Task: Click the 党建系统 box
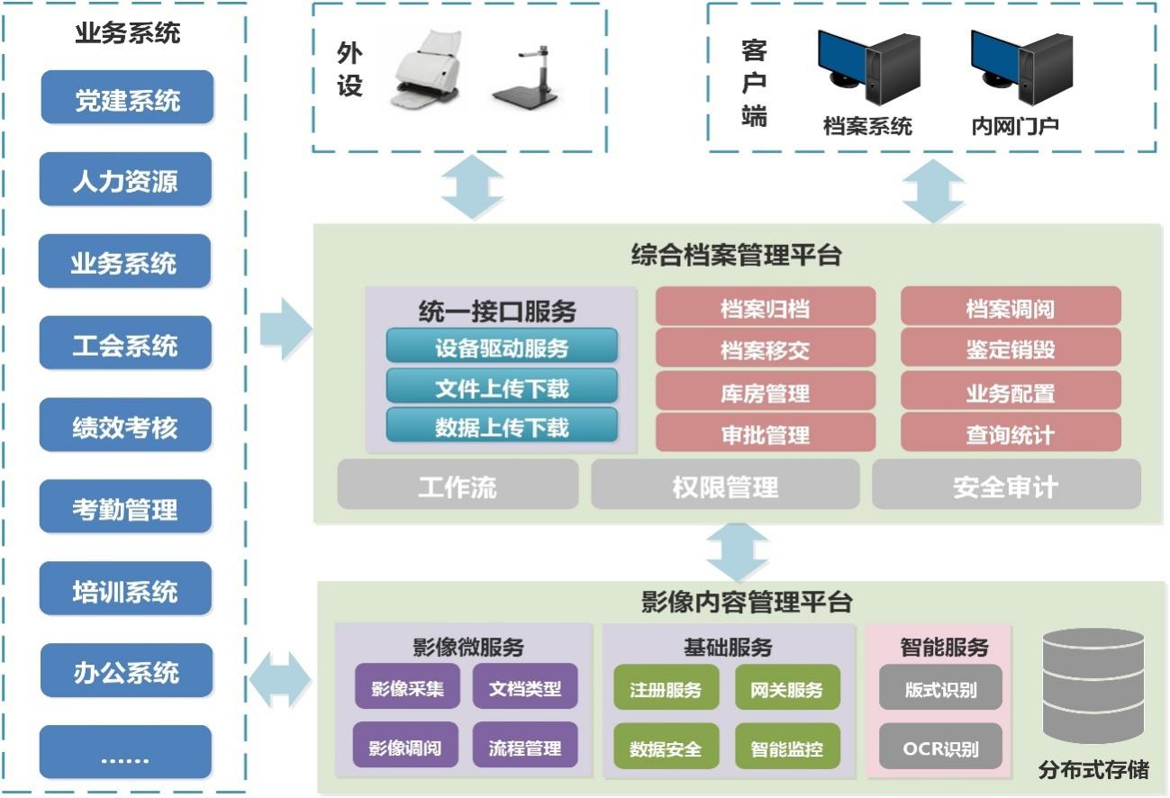coord(127,99)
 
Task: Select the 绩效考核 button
coord(125,427)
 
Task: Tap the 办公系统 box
coord(126,672)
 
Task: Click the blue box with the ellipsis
coord(125,753)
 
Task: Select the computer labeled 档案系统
coord(867,68)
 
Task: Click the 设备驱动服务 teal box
coord(502,347)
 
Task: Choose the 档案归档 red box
coord(765,308)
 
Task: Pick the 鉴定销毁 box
coord(1010,349)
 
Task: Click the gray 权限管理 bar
coord(725,486)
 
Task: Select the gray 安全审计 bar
coord(1005,486)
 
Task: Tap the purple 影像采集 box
coord(406,689)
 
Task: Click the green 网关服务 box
coord(786,689)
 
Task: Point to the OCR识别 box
coord(940,748)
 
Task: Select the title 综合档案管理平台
coord(736,256)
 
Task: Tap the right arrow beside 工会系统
coord(285,329)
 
